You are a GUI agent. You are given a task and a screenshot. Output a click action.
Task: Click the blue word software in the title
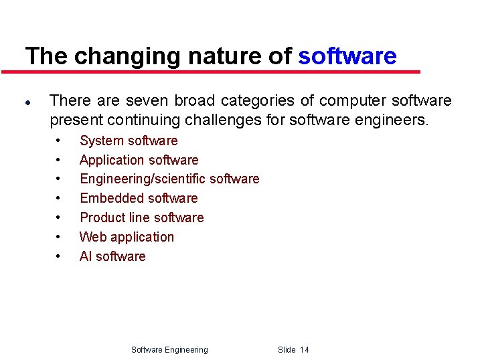(x=347, y=56)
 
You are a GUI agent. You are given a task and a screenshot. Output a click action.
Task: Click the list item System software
(x=129, y=141)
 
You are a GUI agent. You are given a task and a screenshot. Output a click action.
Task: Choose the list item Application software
(x=139, y=160)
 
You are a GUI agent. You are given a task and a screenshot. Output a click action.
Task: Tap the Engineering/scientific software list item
(x=169, y=179)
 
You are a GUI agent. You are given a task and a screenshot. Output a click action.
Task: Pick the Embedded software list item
(x=139, y=198)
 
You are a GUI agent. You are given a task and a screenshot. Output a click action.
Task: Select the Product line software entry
(x=141, y=217)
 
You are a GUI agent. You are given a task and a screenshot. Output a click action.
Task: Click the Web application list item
(x=127, y=237)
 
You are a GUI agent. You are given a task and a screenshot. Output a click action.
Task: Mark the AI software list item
(x=112, y=256)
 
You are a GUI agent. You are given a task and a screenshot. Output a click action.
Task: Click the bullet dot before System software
(x=59, y=141)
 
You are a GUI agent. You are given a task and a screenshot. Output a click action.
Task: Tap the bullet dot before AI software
(x=59, y=257)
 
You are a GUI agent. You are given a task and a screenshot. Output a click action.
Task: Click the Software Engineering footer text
(x=169, y=350)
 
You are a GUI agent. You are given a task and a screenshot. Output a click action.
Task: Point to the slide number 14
(x=305, y=350)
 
